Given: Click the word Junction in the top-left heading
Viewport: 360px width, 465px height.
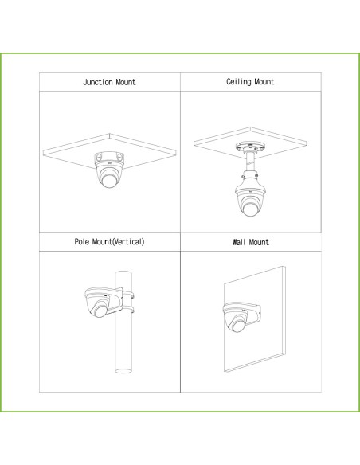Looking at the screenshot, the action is pyautogui.click(x=97, y=82).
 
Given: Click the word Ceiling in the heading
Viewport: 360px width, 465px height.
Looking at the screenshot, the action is pyautogui.click(x=238, y=81).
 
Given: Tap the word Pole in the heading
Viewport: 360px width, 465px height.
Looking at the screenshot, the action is pyautogui.click(x=81, y=242).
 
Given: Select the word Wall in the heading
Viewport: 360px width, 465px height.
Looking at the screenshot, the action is pyautogui.click(x=239, y=242).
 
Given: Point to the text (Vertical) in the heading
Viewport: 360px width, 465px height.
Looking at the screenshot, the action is pyautogui.click(x=128, y=242).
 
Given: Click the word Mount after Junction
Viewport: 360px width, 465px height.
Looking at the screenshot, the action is pyautogui.click(x=126, y=82).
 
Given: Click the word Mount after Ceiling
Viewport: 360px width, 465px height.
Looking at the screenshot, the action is pyautogui.click(x=264, y=81).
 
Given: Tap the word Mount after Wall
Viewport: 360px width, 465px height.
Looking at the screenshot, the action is pyautogui.click(x=259, y=242).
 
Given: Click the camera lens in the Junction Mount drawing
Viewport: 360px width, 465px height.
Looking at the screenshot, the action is pyautogui.click(x=108, y=180).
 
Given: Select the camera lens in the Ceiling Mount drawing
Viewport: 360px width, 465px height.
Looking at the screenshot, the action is pyautogui.click(x=250, y=207).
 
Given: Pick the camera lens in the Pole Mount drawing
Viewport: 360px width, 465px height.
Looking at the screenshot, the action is pyautogui.click(x=100, y=311).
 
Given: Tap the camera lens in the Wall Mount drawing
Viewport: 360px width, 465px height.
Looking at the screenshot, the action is pyautogui.click(x=238, y=326).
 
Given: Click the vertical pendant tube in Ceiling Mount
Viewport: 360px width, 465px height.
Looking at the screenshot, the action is pyautogui.click(x=250, y=162).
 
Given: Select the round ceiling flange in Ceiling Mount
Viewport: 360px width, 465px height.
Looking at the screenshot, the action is pyautogui.click(x=250, y=147).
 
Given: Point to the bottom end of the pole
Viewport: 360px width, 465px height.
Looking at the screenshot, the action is pyautogui.click(x=123, y=371).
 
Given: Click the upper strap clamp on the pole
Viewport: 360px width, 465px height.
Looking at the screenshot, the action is pyautogui.click(x=129, y=295).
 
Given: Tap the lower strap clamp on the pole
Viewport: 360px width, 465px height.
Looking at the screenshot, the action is pyautogui.click(x=129, y=311).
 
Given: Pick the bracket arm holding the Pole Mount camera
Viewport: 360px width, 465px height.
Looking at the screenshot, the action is pyautogui.click(x=114, y=300).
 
